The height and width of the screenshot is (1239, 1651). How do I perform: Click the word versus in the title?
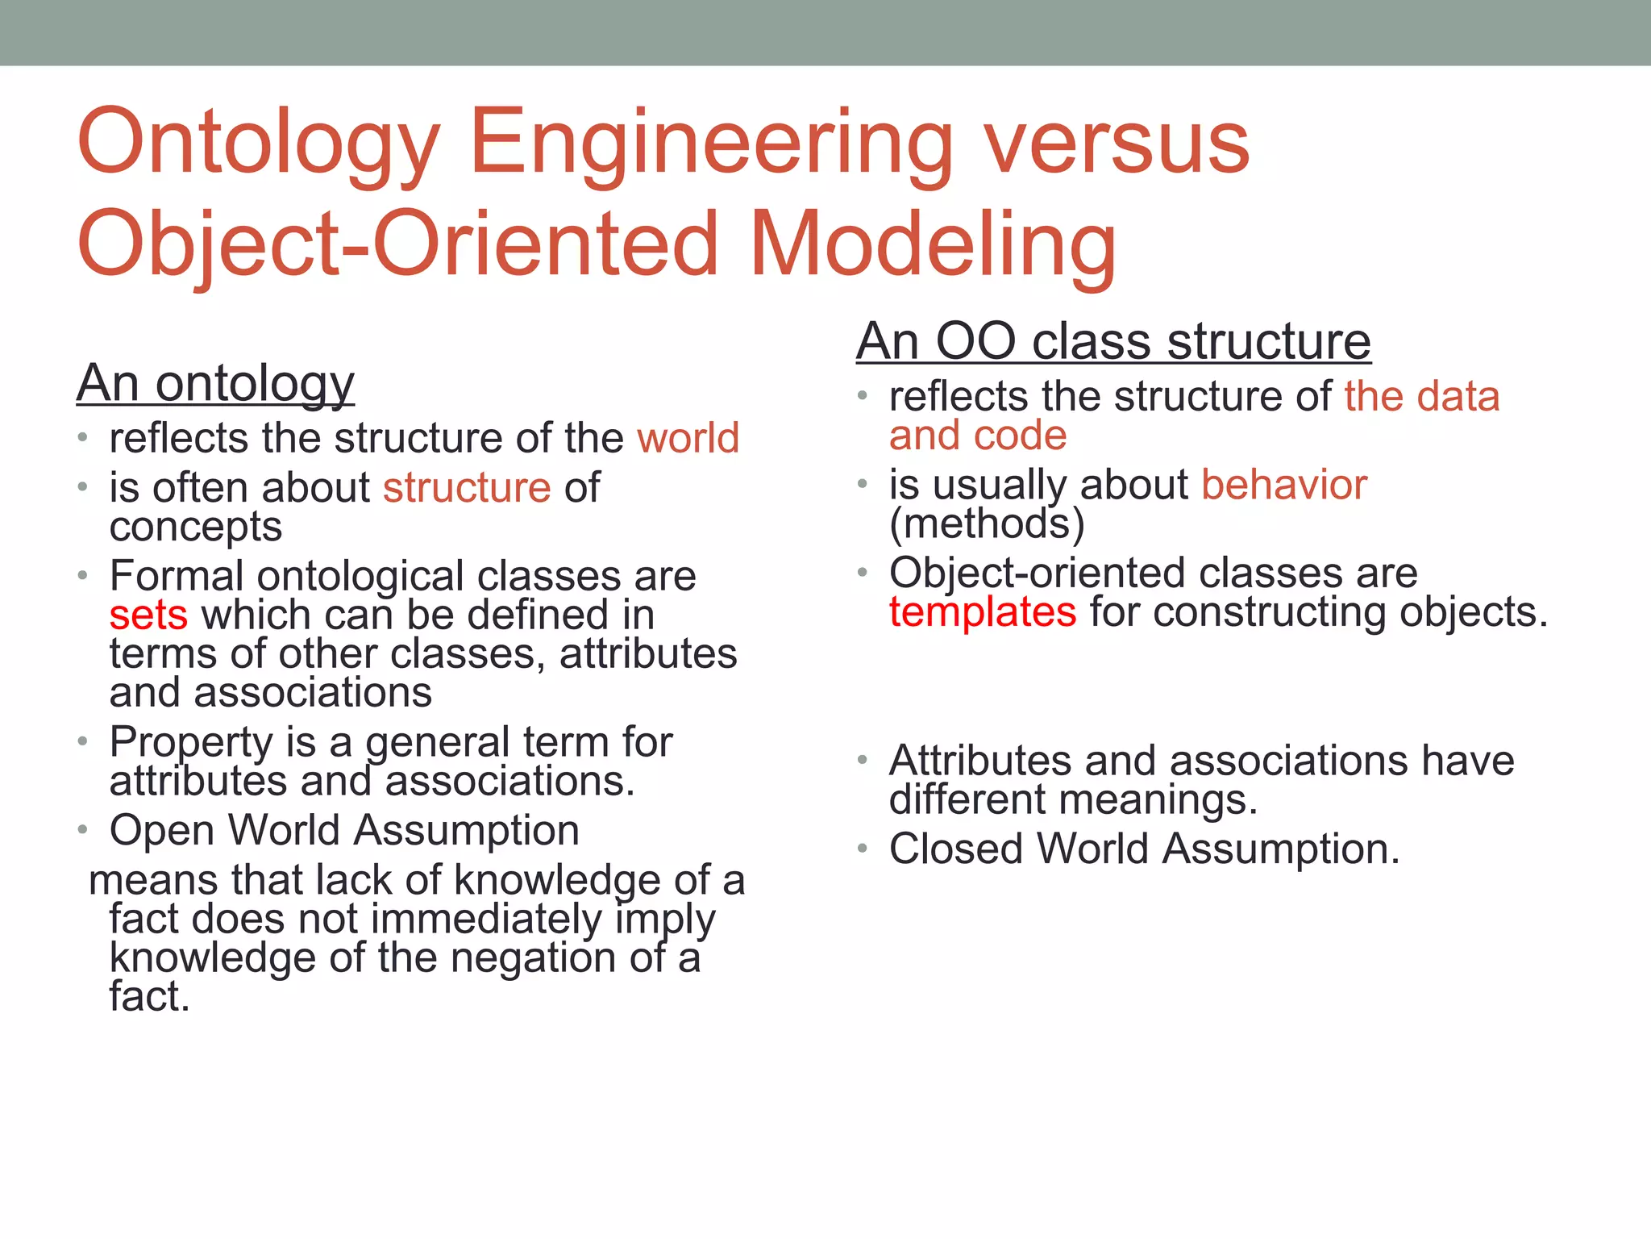pos(1117,144)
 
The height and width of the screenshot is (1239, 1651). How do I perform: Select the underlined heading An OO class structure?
pos(1113,341)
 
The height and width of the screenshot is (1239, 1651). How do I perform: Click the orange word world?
pos(688,439)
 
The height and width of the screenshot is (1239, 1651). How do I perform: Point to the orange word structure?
pos(467,488)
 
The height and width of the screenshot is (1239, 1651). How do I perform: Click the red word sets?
pos(148,615)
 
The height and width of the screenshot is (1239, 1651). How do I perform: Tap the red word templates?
pos(983,611)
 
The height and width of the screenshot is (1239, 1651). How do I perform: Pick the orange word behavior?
pos(1284,485)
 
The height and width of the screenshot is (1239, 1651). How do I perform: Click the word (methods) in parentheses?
pos(987,524)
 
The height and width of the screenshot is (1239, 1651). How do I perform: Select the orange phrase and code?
pos(978,436)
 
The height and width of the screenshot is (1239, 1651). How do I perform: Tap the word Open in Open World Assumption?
pos(162,831)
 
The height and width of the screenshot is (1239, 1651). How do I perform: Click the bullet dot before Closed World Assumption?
pos(862,849)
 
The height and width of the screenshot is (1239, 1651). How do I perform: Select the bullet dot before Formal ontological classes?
pos(82,576)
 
